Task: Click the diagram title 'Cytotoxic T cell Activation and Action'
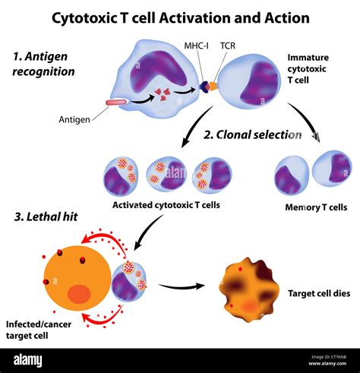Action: point(180,17)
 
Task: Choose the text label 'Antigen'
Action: point(75,119)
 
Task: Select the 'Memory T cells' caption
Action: point(316,207)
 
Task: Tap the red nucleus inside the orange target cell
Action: point(79,293)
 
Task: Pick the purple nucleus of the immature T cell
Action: point(261,84)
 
